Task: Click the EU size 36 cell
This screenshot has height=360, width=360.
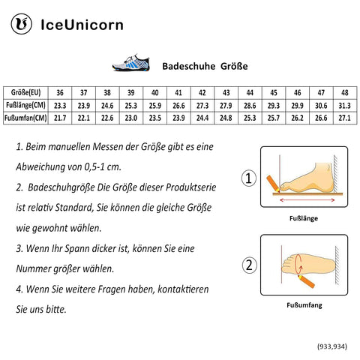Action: click(61, 91)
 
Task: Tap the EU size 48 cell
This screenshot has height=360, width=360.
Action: click(344, 91)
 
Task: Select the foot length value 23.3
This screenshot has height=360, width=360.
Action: click(61, 105)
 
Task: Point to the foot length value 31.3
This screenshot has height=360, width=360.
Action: click(344, 105)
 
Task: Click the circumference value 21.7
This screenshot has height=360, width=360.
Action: click(61, 118)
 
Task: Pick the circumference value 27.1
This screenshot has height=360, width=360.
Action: click(344, 118)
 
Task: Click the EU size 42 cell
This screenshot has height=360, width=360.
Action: click(202, 91)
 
